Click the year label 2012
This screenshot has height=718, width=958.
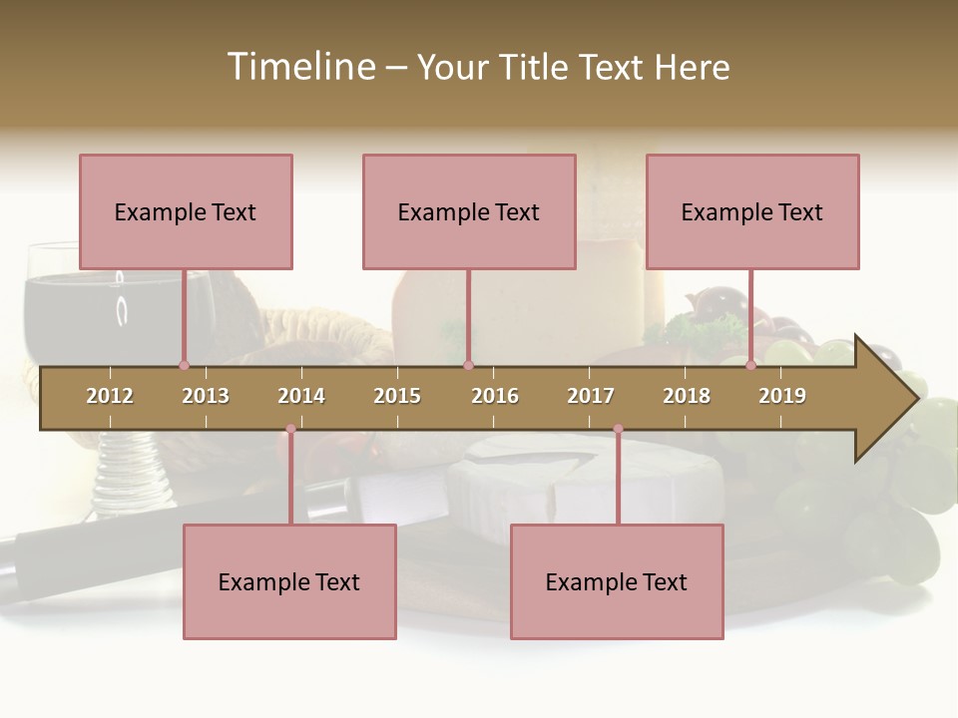pyautogui.click(x=110, y=396)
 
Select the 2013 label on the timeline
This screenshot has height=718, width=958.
pyautogui.click(x=206, y=396)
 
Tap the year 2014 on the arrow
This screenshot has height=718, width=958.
pyautogui.click(x=301, y=396)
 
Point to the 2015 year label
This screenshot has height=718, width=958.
pyautogui.click(x=397, y=396)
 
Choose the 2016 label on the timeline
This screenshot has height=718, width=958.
pyautogui.click(x=495, y=396)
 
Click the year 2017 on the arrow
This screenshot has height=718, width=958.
pyautogui.click(x=591, y=396)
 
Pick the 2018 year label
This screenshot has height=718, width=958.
pyautogui.click(x=687, y=396)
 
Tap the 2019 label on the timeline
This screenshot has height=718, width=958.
pyautogui.click(x=782, y=396)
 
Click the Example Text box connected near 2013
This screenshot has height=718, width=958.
pyautogui.click(x=186, y=211)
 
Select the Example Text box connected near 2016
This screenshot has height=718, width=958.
pyautogui.click(x=469, y=211)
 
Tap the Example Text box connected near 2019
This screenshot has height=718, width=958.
pyautogui.click(x=752, y=211)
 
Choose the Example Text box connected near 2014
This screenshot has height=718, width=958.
pyautogui.click(x=289, y=581)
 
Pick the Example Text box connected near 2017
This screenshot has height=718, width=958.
pyautogui.click(x=617, y=581)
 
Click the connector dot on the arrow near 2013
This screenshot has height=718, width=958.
pyautogui.click(x=184, y=365)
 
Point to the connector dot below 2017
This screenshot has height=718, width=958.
pyautogui.click(x=618, y=429)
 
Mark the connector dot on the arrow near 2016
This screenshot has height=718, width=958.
pyautogui.click(x=468, y=365)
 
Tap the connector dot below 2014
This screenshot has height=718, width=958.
pyautogui.click(x=290, y=429)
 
